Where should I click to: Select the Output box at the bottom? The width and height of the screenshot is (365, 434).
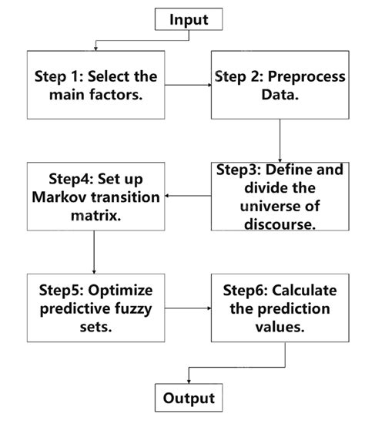coord(189,398)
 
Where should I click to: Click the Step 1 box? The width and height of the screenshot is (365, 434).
coord(96,85)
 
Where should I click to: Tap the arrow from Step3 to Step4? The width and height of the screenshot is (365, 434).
coord(187,196)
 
